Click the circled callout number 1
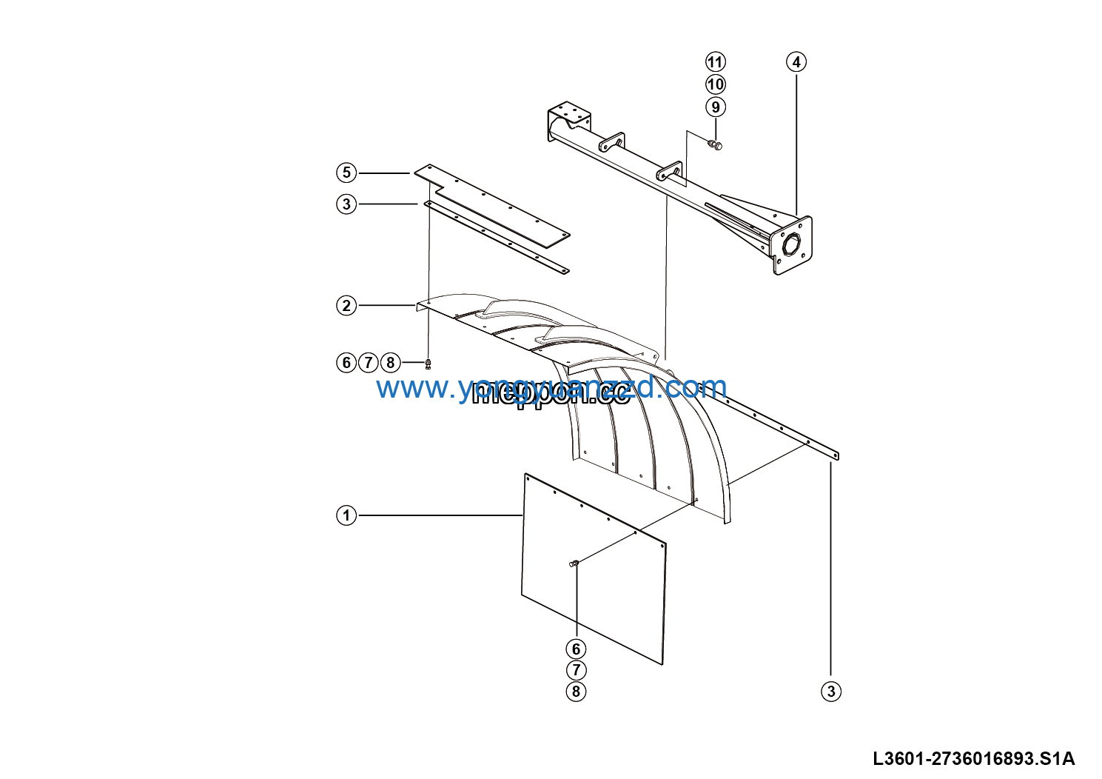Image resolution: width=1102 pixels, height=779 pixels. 346,515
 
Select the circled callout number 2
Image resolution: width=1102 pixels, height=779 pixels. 346,305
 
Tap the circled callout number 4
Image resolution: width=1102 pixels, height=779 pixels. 796,62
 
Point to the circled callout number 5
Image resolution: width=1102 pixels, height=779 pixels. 346,173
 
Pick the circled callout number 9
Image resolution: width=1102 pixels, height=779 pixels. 716,107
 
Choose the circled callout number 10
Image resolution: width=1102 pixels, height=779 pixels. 716,84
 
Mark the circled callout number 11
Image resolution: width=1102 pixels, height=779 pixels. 716,62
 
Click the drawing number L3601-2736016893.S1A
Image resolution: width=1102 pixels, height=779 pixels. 973,759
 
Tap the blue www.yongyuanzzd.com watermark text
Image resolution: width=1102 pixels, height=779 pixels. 551,387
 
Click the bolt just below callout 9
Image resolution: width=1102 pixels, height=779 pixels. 715,144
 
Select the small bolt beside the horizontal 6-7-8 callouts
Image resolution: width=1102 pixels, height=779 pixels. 429,364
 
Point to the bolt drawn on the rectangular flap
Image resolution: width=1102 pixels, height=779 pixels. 574,564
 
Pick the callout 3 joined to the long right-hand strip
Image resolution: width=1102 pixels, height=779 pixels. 831,692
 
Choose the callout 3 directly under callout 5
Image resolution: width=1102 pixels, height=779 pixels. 346,204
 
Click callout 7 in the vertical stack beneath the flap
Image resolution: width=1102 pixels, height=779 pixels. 576,671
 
